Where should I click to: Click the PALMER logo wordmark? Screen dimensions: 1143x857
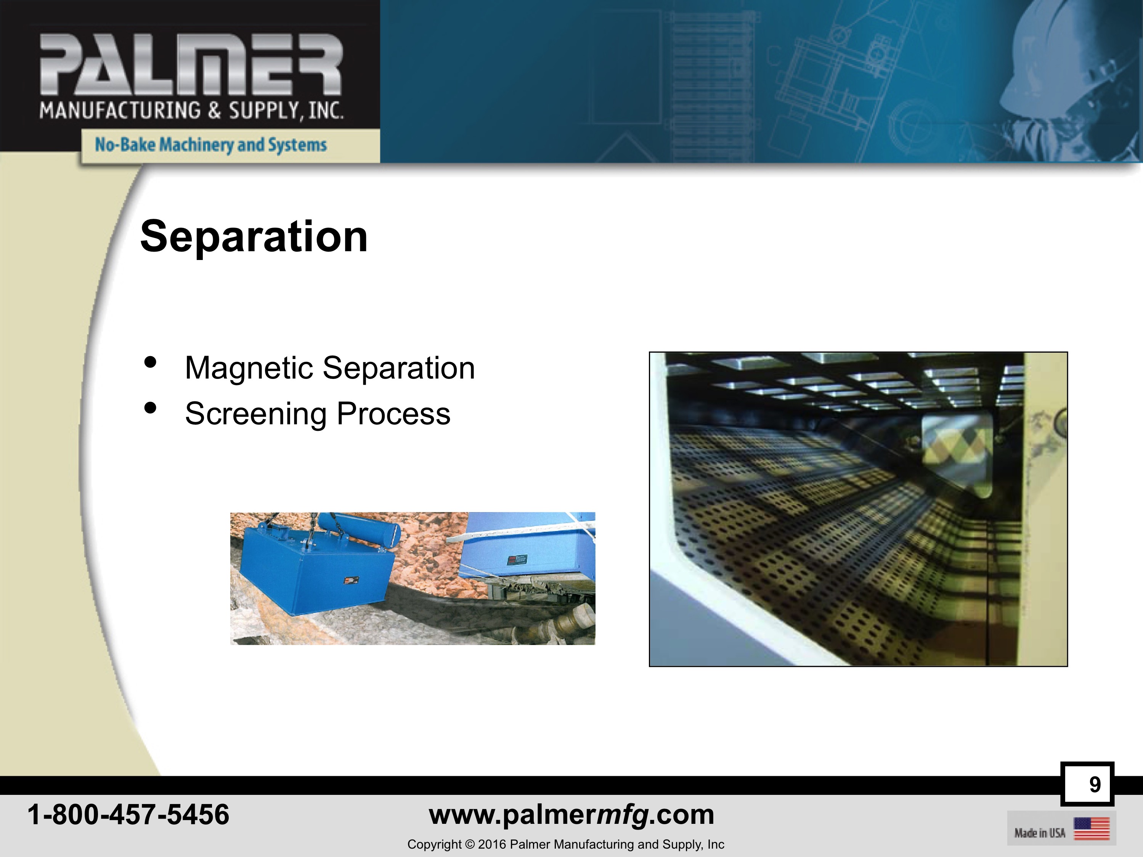pyautogui.click(x=191, y=64)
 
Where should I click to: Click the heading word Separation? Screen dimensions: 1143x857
pyautogui.click(x=254, y=237)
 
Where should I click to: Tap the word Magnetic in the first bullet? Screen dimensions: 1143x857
pyautogui.click(x=249, y=369)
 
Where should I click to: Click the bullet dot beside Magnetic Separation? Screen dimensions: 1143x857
pyautogui.click(x=150, y=362)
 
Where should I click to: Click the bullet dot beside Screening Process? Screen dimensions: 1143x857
pyautogui.click(x=150, y=408)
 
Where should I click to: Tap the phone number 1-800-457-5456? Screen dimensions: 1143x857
pyautogui.click(x=128, y=815)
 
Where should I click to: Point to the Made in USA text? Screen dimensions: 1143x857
pyautogui.click(x=1040, y=833)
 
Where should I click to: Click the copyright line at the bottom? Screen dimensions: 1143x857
pyautogui.click(x=566, y=844)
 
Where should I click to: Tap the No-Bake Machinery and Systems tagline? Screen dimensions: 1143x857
pyautogui.click(x=211, y=144)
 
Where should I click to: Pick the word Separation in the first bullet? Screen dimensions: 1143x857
pyautogui.click(x=398, y=369)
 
